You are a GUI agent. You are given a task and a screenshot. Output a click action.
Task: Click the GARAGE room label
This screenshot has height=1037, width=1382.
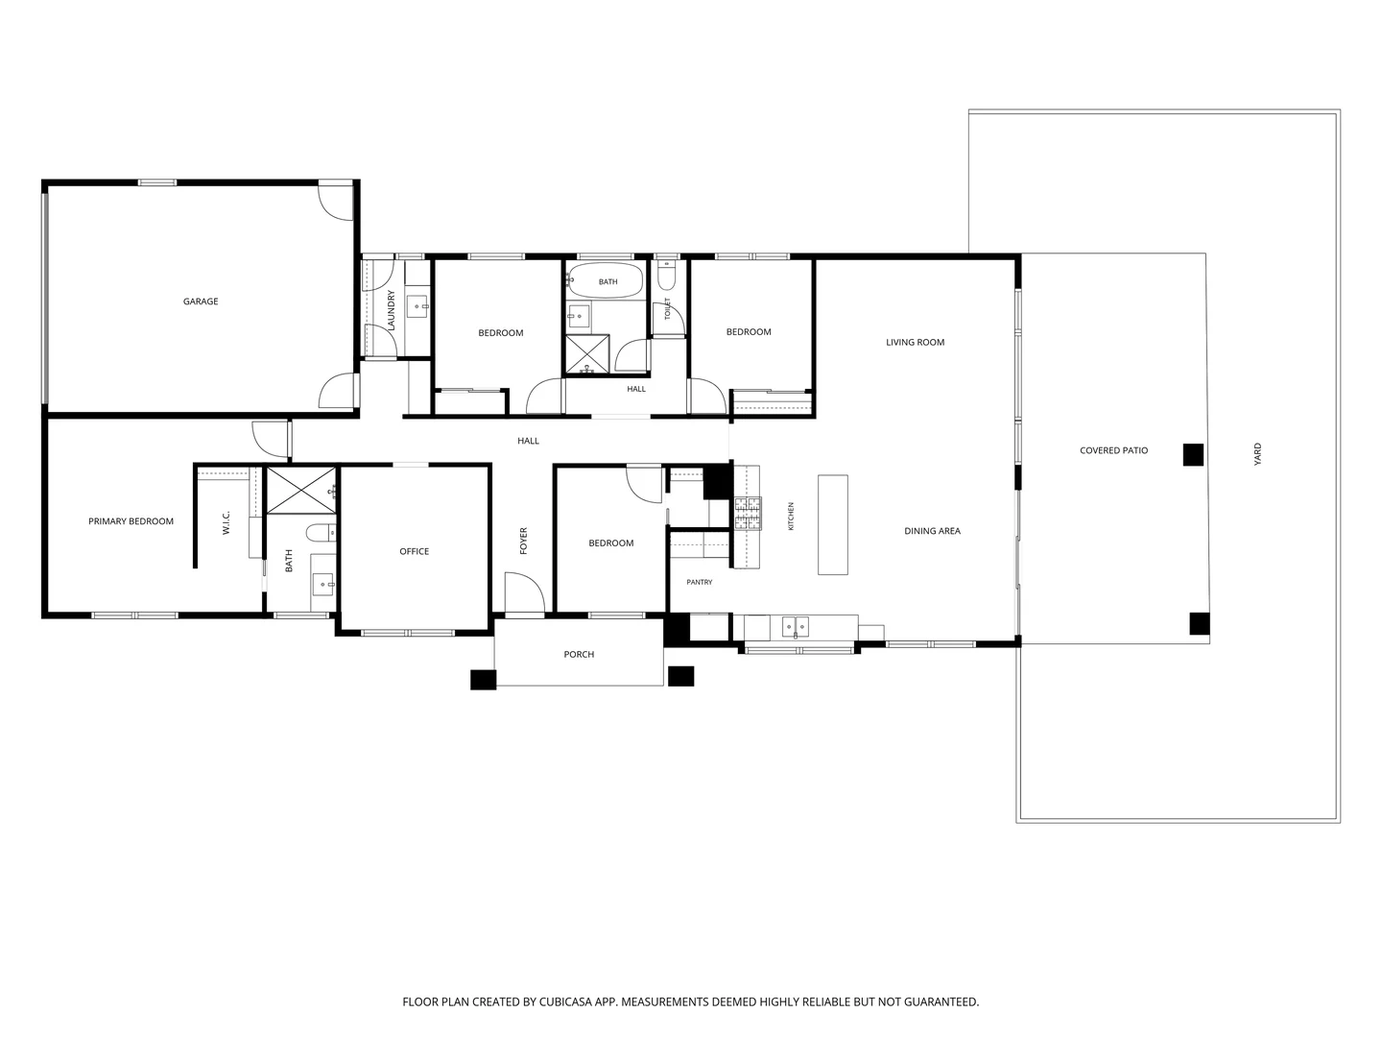click(x=201, y=301)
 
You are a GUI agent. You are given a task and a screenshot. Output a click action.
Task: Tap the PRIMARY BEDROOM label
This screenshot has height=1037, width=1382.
click(x=131, y=521)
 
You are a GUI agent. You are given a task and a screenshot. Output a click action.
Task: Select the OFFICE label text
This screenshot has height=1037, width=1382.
click(x=414, y=551)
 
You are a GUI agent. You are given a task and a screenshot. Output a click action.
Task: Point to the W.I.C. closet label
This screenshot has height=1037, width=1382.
click(x=226, y=522)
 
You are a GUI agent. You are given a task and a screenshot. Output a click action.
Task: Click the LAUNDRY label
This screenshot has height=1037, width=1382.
click(x=391, y=310)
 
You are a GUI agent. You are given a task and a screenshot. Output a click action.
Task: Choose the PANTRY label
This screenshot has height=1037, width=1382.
click(x=699, y=583)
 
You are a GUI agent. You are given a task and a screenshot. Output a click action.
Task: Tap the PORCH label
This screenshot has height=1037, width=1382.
click(x=578, y=655)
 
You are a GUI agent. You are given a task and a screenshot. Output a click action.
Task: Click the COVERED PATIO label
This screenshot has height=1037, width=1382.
click(x=1113, y=451)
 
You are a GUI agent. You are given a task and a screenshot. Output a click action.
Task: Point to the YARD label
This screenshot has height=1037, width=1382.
click(x=1257, y=454)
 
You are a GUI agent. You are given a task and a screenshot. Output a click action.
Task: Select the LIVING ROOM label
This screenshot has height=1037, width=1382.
click(x=915, y=343)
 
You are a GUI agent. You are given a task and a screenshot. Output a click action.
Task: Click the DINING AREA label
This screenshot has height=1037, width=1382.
click(x=932, y=531)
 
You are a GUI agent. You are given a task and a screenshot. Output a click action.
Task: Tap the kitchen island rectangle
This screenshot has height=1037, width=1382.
click(x=832, y=525)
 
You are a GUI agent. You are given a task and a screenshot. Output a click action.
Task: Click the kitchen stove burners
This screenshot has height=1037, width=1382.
click(x=748, y=514)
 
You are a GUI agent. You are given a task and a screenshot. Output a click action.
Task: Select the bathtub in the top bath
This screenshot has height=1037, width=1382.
click(x=605, y=281)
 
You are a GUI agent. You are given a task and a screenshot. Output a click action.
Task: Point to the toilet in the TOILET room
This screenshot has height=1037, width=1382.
click(x=665, y=274)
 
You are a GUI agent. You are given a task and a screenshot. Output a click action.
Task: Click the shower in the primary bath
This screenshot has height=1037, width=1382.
click(x=301, y=491)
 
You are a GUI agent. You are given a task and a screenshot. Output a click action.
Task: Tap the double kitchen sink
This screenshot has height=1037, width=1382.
click(x=796, y=627)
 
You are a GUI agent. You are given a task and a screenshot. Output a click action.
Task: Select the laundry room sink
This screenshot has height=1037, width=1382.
click(x=417, y=308)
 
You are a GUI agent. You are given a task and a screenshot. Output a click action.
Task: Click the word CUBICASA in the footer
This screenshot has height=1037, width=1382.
click(x=565, y=1001)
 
